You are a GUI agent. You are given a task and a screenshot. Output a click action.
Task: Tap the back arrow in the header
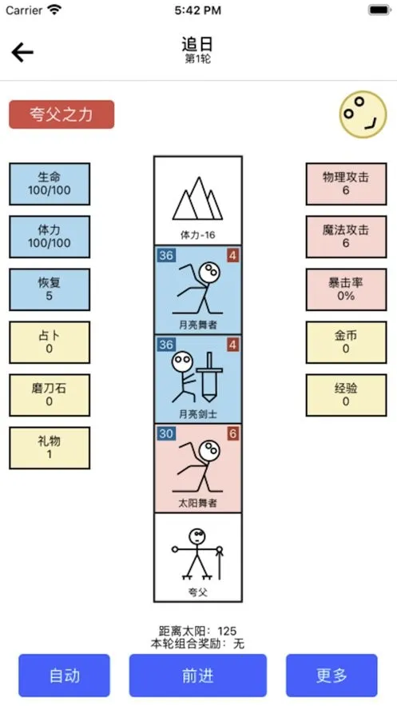[22, 53]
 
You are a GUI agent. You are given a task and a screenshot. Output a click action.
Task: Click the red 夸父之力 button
[62, 114]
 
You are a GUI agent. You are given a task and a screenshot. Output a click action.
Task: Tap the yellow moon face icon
[363, 114]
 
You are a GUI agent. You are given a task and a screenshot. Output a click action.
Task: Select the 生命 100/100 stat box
[50, 184]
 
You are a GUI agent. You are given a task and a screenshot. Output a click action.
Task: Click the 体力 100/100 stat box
[50, 237]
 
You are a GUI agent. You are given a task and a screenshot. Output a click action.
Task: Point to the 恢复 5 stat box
[50, 289]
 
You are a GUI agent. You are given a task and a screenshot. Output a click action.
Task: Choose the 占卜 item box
[50, 342]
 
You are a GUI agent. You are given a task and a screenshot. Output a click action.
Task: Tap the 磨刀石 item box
[50, 395]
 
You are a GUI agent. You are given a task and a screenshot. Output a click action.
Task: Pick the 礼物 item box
[50, 448]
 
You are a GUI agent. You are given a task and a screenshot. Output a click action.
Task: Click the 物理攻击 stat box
[346, 184]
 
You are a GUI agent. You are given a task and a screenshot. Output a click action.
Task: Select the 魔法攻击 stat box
[346, 237]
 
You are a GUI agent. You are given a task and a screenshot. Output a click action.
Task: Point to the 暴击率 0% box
[346, 289]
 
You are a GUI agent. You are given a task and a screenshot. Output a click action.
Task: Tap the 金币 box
[346, 342]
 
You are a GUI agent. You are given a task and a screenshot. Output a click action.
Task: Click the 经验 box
[346, 395]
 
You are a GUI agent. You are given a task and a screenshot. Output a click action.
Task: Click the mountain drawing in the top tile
[198, 198]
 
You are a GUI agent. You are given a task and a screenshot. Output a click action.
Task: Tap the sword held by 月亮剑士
[209, 377]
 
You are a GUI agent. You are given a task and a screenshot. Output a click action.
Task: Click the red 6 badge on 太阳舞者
[233, 433]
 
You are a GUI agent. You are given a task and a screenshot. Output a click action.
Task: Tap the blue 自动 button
[64, 676]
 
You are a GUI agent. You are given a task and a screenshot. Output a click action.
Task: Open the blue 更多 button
[331, 676]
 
